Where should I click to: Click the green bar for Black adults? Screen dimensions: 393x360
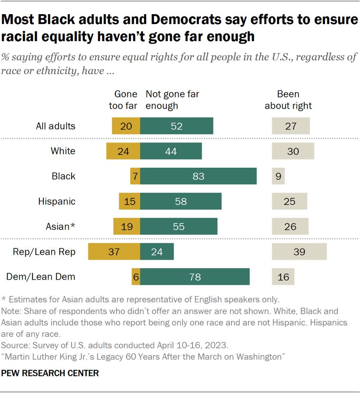click(198, 176)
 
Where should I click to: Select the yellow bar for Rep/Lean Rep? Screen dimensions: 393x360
click(114, 252)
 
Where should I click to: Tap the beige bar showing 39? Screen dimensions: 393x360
click(299, 252)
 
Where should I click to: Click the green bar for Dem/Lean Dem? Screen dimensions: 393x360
click(195, 277)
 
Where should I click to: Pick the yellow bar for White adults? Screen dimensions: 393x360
click(123, 151)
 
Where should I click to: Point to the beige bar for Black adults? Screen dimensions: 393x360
click(278, 176)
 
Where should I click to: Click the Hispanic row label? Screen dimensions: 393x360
click(57, 201)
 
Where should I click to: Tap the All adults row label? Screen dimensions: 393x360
click(56, 126)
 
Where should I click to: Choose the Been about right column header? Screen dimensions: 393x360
click(288, 100)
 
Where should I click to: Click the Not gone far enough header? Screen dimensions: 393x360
click(172, 100)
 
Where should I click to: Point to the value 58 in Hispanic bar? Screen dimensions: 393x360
click(181, 201)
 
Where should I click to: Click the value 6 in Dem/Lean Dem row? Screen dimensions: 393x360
click(136, 277)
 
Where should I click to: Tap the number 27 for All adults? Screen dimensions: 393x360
click(291, 126)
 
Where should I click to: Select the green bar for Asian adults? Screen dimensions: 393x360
click(179, 227)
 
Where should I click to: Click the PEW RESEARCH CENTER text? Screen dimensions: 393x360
click(50, 373)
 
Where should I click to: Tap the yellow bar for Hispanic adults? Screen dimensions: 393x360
click(129, 201)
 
